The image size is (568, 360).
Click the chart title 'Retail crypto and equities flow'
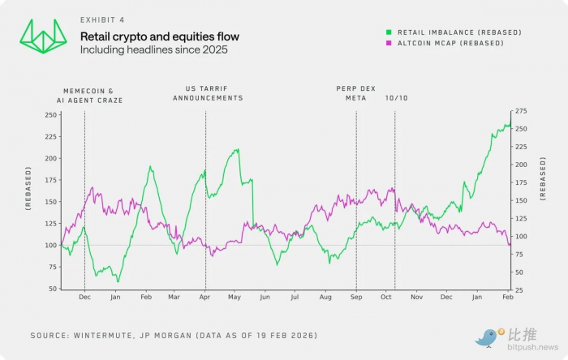click(159, 36)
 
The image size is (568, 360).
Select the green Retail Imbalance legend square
click(389, 32)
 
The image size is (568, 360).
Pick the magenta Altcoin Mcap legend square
click(389, 42)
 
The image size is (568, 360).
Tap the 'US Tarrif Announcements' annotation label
click(208, 92)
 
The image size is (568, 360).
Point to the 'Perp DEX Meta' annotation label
click(351, 92)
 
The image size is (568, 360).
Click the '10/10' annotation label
click(397, 97)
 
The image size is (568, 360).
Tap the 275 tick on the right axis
click(521, 110)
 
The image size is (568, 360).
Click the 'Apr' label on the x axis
click(204, 298)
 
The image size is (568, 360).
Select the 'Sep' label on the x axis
click(355, 298)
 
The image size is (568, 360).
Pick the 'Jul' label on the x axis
click(295, 298)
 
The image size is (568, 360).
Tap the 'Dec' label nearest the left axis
click(84, 298)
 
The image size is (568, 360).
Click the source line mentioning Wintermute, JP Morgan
click(174, 335)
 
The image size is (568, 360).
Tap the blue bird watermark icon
click(487, 336)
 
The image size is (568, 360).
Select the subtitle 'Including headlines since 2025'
click(153, 50)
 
